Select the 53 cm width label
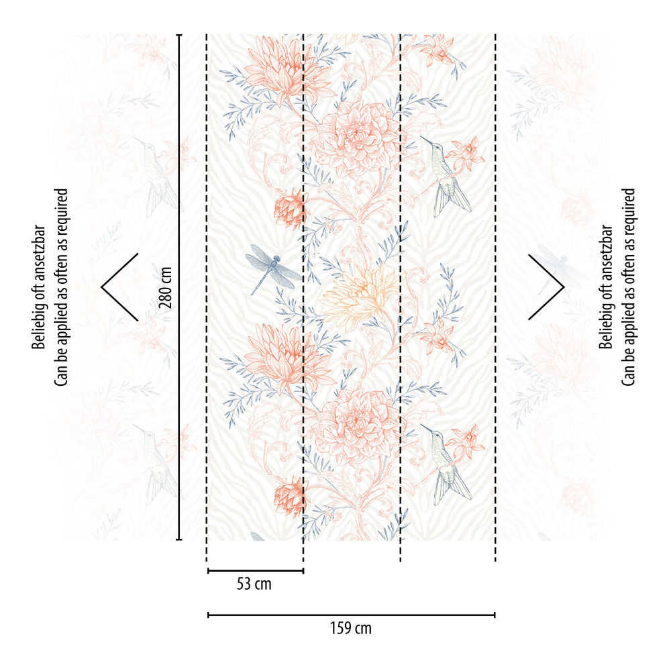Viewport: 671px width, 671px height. click(254, 584)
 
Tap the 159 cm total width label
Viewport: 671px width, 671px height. click(350, 629)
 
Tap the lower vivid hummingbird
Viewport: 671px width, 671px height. click(446, 466)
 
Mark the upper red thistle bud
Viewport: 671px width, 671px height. click(289, 209)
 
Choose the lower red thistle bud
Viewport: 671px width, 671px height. click(289, 497)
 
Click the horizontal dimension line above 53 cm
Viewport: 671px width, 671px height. click(256, 571)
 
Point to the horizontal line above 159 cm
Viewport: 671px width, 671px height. click(351, 614)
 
